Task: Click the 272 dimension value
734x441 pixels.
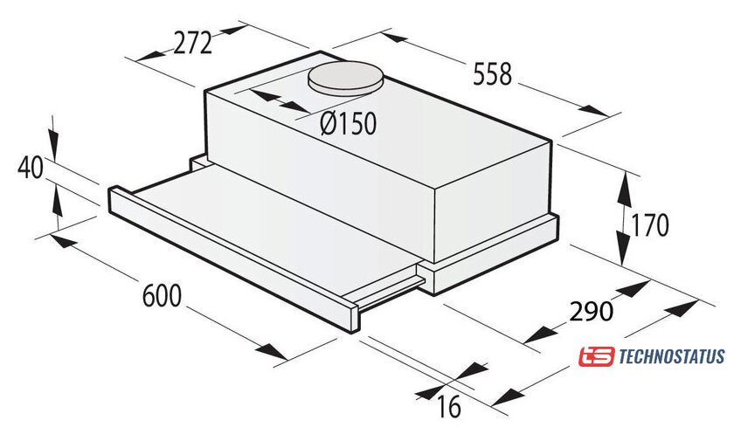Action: (193, 44)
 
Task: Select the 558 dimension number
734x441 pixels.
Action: (493, 74)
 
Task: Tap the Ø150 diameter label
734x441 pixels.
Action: (349, 124)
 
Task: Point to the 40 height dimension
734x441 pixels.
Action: (30, 168)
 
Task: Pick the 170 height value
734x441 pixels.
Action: (650, 225)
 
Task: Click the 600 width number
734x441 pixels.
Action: (162, 295)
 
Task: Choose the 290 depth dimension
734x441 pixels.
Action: (591, 311)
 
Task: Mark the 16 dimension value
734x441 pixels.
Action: (449, 406)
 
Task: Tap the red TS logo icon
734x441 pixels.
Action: (596, 357)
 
